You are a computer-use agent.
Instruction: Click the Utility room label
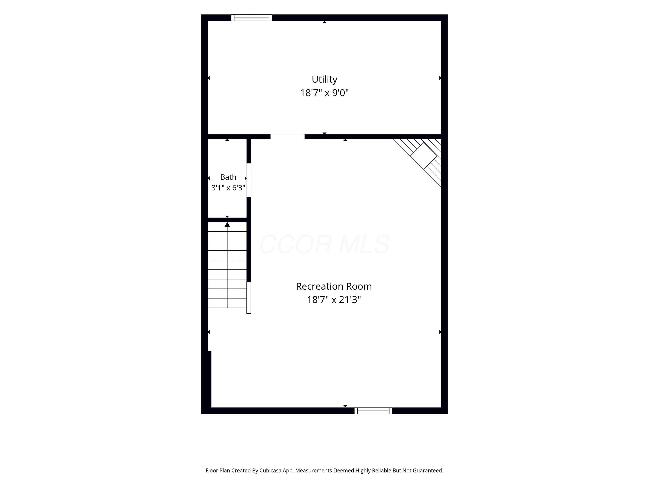(x=324, y=80)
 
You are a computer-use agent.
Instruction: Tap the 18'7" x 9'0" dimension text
(x=324, y=93)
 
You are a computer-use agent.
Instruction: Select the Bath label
(x=228, y=177)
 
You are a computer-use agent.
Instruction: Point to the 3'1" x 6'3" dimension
(x=228, y=188)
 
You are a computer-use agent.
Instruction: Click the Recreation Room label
(x=334, y=286)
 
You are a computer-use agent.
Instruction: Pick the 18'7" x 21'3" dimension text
(x=334, y=299)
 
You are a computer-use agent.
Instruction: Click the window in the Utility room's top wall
(x=251, y=18)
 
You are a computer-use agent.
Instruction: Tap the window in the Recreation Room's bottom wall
(x=373, y=411)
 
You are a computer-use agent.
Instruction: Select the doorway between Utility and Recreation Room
(x=287, y=137)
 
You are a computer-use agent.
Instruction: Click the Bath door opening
(x=249, y=180)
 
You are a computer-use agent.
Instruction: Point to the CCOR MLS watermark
(x=324, y=244)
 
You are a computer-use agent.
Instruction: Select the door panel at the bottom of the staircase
(x=249, y=298)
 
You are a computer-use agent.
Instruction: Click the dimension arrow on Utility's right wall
(x=440, y=78)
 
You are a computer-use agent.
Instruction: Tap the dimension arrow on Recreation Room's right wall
(x=440, y=332)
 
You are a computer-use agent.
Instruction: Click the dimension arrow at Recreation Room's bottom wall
(x=345, y=406)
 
